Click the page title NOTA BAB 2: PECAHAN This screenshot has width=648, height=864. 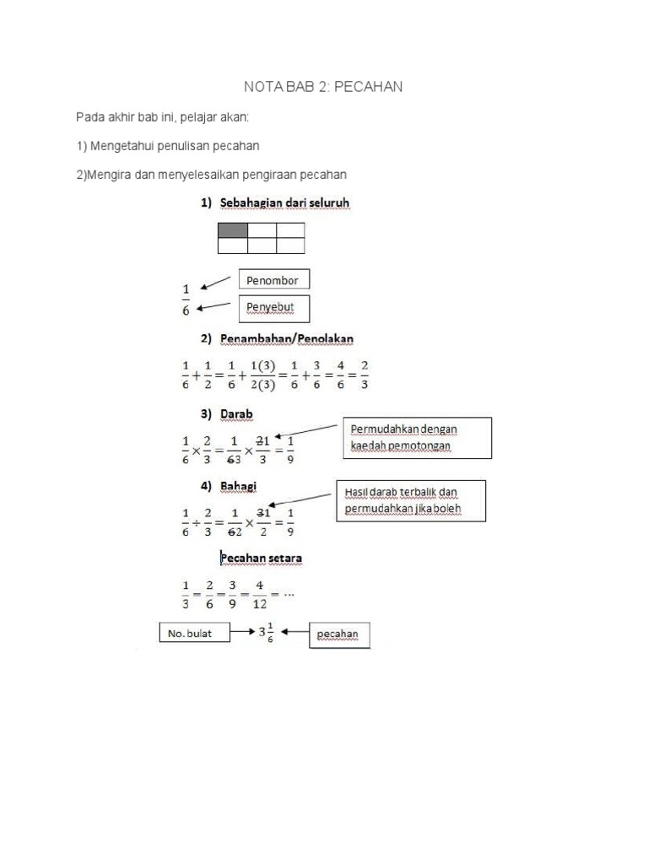(323, 87)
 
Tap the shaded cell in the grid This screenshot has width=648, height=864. (233, 230)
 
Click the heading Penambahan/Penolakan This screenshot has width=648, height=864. (287, 338)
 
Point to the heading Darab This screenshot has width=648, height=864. (237, 414)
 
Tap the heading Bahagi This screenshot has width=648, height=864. (239, 486)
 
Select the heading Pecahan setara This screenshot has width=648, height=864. (262, 558)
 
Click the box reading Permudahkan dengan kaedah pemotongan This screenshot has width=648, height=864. (417, 437)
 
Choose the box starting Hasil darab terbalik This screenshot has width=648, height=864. (413, 499)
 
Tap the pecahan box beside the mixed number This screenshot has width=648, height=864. (341, 635)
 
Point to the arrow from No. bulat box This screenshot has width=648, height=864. (244, 631)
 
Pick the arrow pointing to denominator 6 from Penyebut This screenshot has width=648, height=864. (213, 306)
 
